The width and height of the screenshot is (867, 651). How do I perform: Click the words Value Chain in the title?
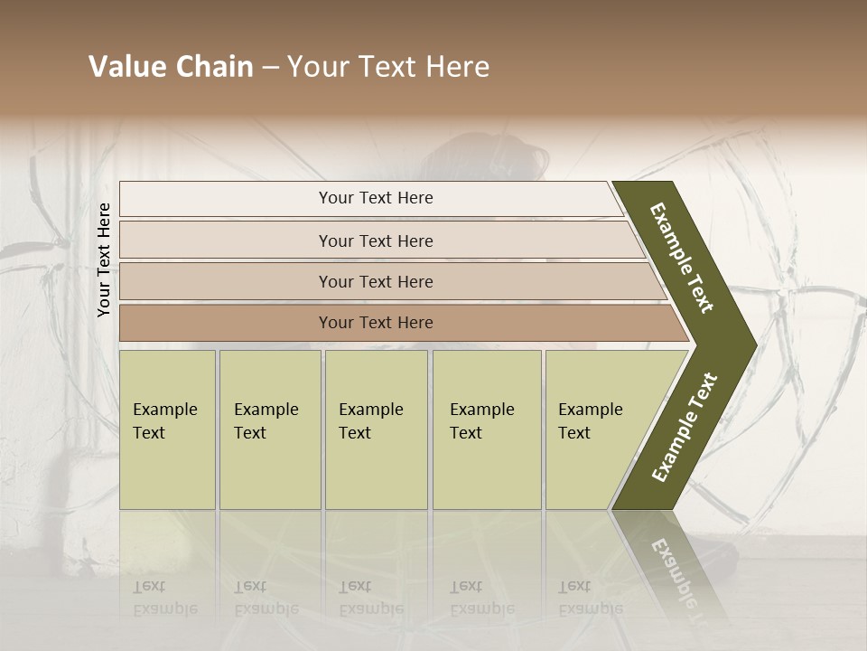click(171, 67)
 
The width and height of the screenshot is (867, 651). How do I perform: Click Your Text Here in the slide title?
click(388, 67)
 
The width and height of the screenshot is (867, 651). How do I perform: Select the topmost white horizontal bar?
click(370, 198)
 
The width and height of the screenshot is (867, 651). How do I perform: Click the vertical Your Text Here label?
click(104, 259)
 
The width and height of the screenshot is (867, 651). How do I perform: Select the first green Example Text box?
click(167, 429)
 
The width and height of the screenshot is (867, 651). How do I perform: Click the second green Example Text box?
click(270, 429)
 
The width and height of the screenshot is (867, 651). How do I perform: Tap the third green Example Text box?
click(376, 429)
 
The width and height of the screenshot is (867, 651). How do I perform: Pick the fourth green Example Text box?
click(487, 429)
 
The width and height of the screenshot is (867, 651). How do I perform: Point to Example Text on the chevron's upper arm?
click(682, 258)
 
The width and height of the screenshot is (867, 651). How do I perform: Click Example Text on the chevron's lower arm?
click(685, 427)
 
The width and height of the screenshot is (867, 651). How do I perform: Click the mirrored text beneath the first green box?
click(164, 598)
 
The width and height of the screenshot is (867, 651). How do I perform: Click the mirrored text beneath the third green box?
click(370, 598)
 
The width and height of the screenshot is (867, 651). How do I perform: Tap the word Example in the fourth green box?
click(482, 410)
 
